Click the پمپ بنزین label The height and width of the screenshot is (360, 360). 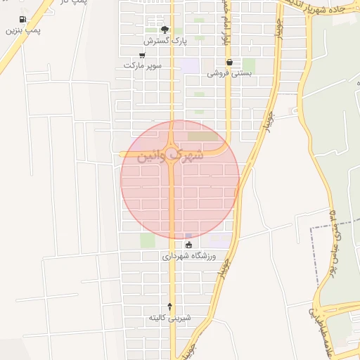(x=23, y=31)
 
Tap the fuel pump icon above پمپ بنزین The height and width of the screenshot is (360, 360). (x=23, y=19)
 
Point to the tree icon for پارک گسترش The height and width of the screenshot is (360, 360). (x=165, y=30)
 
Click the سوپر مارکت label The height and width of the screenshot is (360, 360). (x=143, y=65)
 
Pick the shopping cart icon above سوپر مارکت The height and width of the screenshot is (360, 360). (x=143, y=55)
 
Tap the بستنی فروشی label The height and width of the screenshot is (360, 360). (x=230, y=72)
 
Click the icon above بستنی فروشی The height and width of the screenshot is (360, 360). (x=229, y=62)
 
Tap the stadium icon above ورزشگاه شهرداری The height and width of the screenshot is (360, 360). (x=188, y=245)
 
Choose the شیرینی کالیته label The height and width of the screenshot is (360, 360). (x=169, y=318)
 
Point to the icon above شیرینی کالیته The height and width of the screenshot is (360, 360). (x=169, y=306)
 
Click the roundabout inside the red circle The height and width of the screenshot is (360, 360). (x=173, y=152)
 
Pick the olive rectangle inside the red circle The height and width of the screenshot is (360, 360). (x=203, y=136)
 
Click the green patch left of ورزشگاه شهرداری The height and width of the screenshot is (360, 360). (x=147, y=240)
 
